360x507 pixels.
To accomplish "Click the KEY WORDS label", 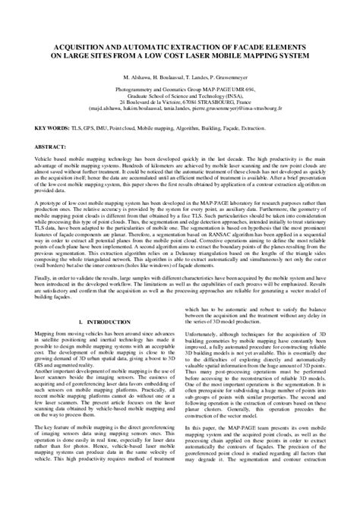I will (x=37, y=109).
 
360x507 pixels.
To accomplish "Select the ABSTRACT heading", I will (x=38, y=124).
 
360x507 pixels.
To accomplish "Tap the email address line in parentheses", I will (x=180, y=89).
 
